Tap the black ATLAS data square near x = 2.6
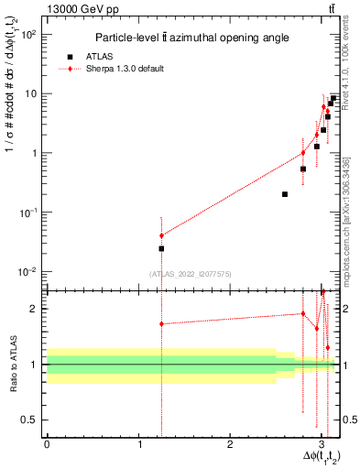[x=285, y=194]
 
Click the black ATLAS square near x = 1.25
[x=161, y=248]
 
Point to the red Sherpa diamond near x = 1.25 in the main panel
[x=161, y=235]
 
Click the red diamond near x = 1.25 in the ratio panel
[x=161, y=323]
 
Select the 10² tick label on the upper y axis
[x=27, y=34]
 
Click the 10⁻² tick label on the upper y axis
[x=27, y=272]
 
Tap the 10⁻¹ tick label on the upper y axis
[x=27, y=213]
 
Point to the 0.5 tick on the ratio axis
[x=32, y=420]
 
